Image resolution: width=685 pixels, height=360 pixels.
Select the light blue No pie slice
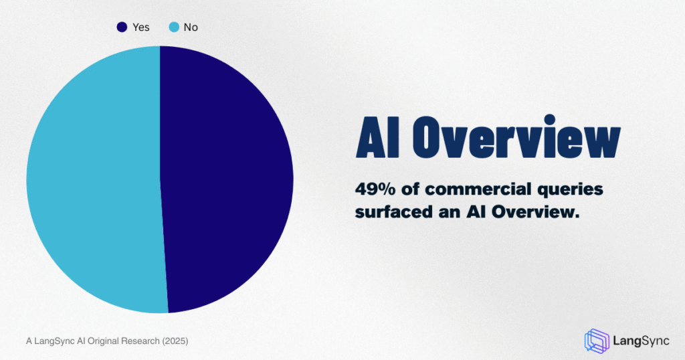pos(94,179)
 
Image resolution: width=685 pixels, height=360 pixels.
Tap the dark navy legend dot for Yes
pos(122,27)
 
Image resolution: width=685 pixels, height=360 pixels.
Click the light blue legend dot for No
pos(174,27)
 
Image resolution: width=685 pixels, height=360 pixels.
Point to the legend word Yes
pos(140,27)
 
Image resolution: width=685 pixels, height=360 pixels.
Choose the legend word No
pos(191,27)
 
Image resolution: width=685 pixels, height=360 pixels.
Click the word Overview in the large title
pos(516,137)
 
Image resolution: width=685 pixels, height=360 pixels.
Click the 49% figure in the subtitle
pos(375,189)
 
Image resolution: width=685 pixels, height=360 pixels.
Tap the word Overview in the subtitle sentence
pos(536,212)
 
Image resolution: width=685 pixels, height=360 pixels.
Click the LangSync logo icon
pos(596,341)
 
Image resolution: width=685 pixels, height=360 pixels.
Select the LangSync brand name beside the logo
pos(641,341)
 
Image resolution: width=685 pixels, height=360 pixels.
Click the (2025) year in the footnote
pos(175,341)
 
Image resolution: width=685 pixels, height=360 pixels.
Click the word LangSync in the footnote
pos(54,341)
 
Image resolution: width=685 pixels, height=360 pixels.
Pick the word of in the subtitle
pos(409,189)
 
